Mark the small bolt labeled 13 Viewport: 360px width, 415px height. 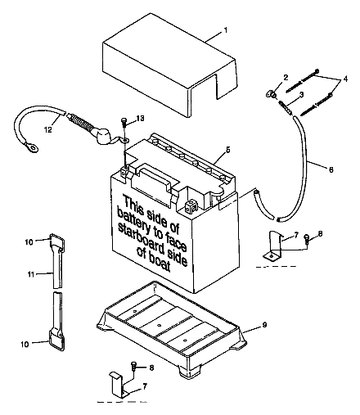[124, 124]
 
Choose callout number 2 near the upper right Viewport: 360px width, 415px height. [286, 77]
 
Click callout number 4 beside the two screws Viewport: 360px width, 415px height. [344, 78]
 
